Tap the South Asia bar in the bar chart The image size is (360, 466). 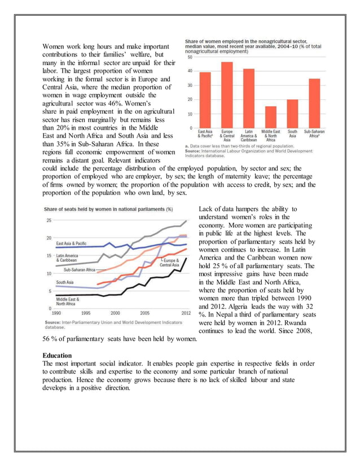292,113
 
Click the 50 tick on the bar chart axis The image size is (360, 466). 190,57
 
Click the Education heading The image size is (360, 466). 57,356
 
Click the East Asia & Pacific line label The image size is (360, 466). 75,243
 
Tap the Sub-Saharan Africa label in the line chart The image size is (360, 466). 81,270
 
